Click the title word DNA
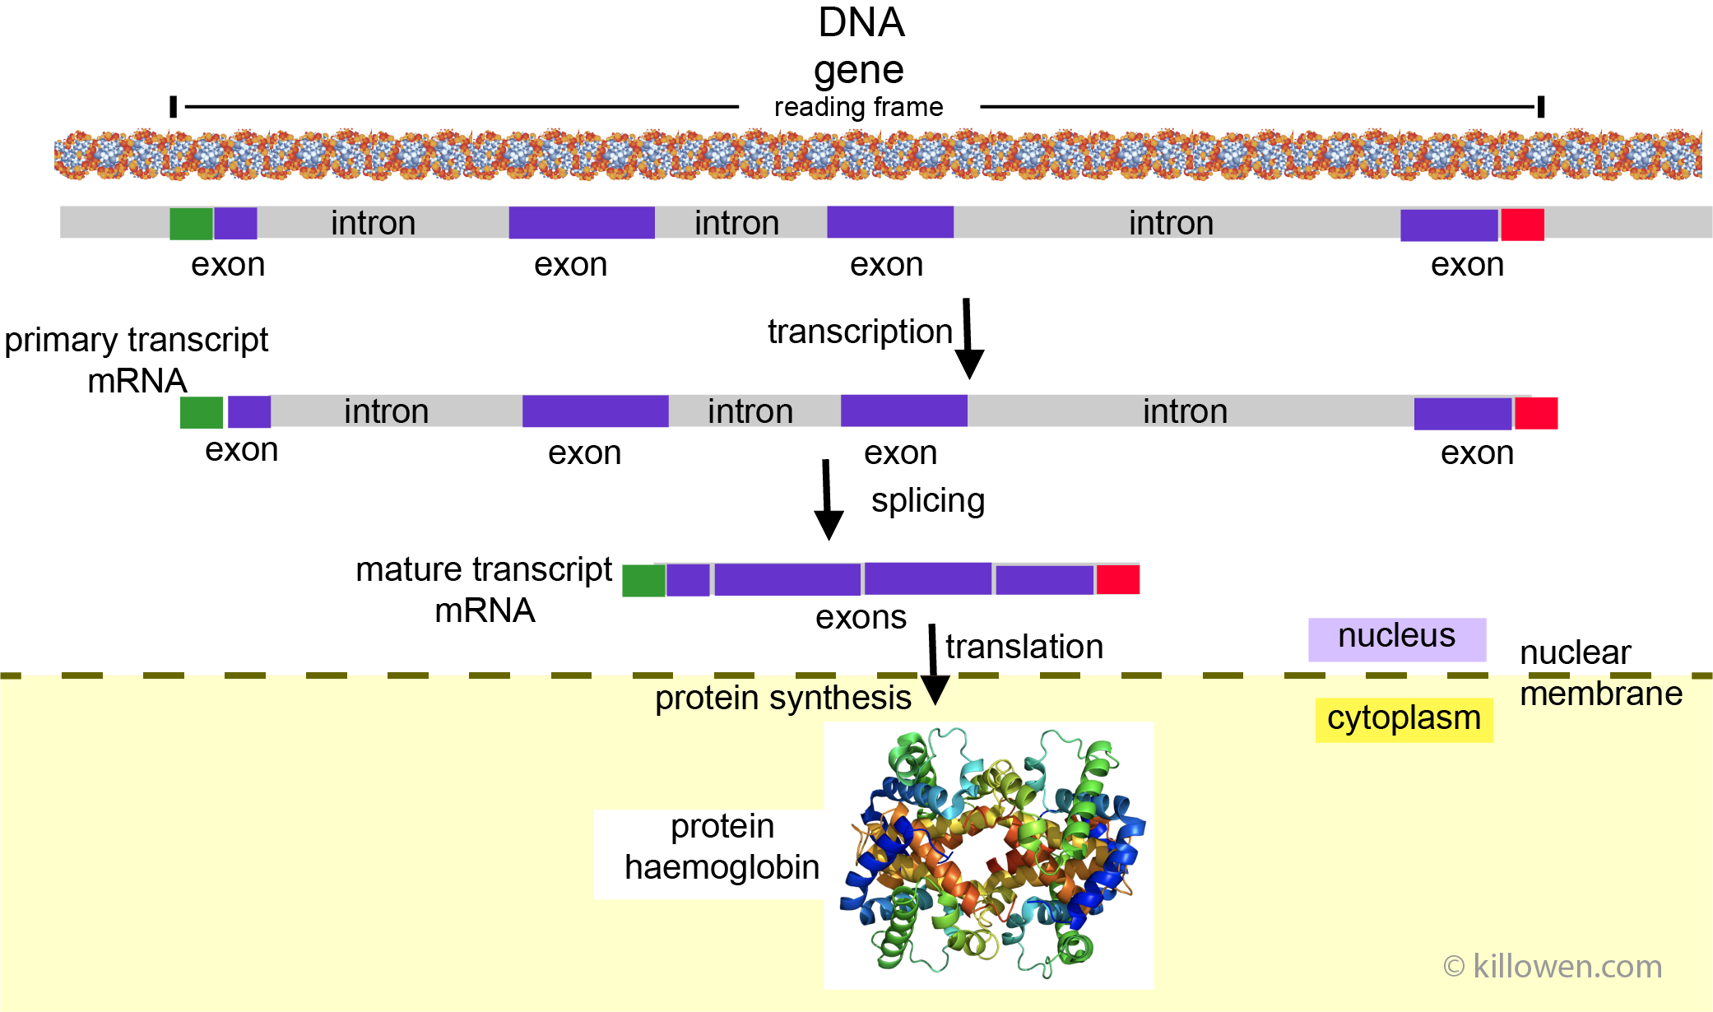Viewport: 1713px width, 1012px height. point(861,22)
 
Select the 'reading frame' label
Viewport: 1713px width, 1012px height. point(858,107)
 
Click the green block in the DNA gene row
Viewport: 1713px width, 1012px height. point(191,224)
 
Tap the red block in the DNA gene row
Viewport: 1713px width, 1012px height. point(1522,225)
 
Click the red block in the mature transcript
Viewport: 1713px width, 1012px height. point(1117,579)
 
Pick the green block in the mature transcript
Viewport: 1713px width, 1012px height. point(643,581)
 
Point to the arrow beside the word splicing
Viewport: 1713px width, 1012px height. point(828,500)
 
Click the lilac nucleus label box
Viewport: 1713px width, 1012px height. point(1396,639)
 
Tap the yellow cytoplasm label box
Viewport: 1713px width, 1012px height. point(1404,719)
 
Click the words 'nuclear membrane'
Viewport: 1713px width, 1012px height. point(1599,673)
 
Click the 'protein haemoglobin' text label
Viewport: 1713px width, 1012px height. point(722,847)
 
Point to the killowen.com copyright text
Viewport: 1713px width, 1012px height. point(1552,966)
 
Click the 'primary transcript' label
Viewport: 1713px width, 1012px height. point(137,341)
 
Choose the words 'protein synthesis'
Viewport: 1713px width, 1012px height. point(782,698)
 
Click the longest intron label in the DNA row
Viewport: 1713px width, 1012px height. point(1171,223)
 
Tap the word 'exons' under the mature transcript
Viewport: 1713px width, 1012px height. point(861,617)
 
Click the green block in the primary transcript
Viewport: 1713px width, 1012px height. point(202,412)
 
